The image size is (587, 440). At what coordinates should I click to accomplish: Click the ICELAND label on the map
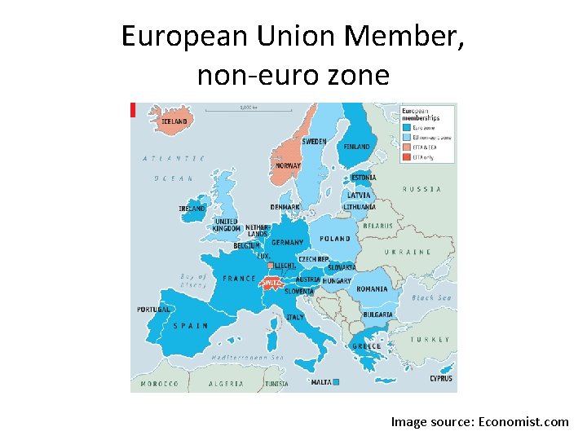pos(174,121)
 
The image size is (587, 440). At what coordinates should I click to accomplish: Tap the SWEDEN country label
pos(314,142)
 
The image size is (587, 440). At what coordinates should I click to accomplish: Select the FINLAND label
pos(356,147)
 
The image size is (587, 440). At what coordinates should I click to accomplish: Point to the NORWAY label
pos(288,165)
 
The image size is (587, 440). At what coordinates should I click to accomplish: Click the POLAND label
pos(334,239)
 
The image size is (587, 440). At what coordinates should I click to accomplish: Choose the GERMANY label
pos(287,243)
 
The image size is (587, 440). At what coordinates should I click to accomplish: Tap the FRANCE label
pos(239,278)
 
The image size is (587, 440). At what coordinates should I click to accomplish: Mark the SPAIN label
pos(190,325)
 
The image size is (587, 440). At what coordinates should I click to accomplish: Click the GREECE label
pos(366,346)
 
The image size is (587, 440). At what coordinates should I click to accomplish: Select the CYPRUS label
pos(441,378)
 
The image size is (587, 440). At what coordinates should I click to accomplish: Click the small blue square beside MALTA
pos(335,381)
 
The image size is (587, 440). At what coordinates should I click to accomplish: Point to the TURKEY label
pos(430,339)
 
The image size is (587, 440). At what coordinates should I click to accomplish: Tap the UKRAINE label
pos(408,252)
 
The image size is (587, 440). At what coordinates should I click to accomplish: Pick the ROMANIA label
pos(372,289)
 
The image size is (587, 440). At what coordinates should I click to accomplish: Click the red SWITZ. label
pos(271,282)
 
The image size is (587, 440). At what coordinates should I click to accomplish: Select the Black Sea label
pos(431,298)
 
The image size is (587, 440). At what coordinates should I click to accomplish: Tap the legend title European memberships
pos(421,113)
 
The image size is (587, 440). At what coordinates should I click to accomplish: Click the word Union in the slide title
pos(297,36)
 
